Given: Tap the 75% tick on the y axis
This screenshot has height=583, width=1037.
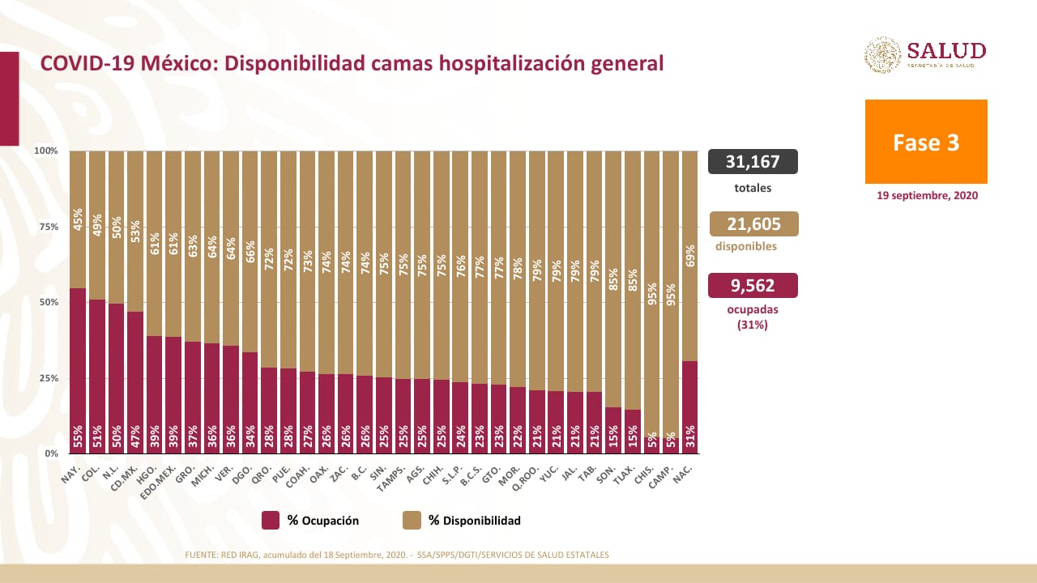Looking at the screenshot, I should tap(47, 227).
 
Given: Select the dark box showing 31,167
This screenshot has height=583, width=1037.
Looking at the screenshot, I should tap(753, 162).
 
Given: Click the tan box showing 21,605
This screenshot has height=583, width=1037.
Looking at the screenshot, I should tap(753, 223).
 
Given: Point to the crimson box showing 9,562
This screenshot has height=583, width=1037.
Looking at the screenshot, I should tap(753, 285).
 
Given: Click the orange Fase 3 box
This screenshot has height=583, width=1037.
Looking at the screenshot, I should tap(926, 142).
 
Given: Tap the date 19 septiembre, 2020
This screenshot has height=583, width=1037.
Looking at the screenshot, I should tap(927, 195).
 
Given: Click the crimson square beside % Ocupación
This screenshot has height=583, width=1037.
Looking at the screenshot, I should tap(271, 521).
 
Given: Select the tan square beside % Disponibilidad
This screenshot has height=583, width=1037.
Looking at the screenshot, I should tap(412, 521).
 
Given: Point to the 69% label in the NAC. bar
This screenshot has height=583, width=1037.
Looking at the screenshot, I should tap(690, 256).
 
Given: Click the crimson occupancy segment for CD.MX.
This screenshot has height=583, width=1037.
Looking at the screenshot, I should tap(135, 381).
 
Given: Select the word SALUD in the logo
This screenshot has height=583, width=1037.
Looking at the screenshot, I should tap(946, 50).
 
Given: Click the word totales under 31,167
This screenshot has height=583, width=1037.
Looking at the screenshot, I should tap(753, 188).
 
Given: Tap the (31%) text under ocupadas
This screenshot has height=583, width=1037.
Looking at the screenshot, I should tap(753, 325).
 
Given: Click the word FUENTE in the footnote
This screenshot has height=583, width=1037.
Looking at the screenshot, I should tap(202, 555).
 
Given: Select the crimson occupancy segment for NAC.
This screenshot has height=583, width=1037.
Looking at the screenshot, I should tap(690, 405).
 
